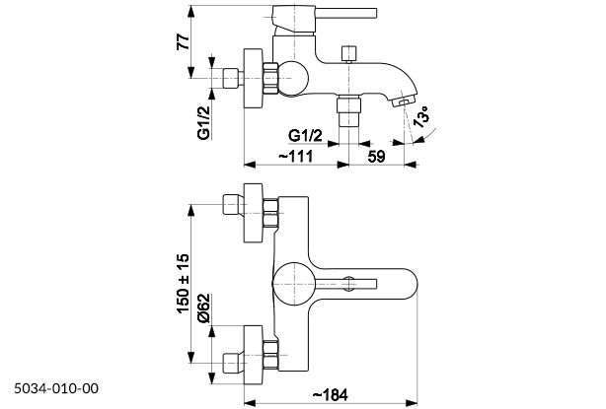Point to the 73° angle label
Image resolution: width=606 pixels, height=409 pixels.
[x=418, y=119]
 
